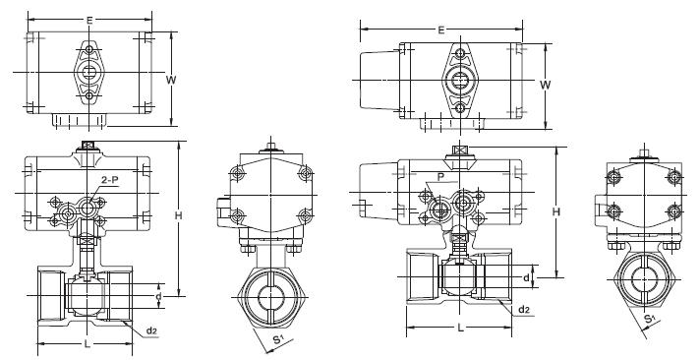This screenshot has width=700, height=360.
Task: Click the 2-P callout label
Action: [x=109, y=180]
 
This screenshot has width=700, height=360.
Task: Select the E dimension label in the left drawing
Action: [x=89, y=20]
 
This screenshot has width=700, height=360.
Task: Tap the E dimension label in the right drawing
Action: [x=441, y=30]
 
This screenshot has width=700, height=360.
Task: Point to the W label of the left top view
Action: [x=171, y=80]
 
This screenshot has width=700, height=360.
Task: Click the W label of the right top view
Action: [x=545, y=85]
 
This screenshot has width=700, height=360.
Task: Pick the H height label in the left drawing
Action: [x=178, y=215]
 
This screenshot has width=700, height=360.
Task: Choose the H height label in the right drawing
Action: [x=556, y=211]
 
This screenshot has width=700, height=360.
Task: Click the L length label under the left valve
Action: [x=87, y=344]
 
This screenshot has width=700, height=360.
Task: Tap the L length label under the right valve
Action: [x=461, y=329]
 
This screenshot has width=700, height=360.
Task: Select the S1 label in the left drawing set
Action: [x=278, y=340]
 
